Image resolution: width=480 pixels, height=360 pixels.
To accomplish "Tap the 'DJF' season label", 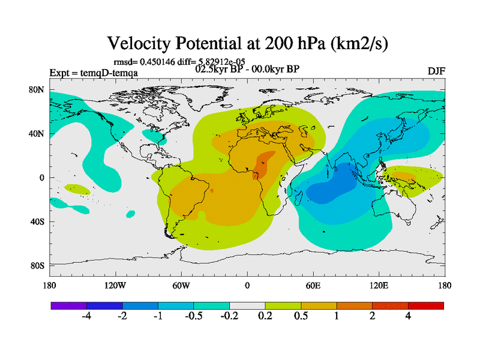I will (x=436, y=71).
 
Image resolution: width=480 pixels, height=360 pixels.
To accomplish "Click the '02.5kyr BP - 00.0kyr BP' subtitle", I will (x=247, y=68).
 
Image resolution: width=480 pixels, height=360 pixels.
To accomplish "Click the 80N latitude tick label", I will (x=37, y=89).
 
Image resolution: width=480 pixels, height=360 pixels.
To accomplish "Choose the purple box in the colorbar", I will (x=68, y=305).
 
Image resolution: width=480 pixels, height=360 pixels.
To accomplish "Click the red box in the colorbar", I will (x=425, y=305).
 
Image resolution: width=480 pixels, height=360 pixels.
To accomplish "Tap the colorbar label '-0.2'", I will (x=230, y=317).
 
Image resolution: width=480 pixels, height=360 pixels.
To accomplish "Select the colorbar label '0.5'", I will (x=301, y=317).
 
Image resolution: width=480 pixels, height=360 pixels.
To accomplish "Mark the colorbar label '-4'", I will (x=86, y=317).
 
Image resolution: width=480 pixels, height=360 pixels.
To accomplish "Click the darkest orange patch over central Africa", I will (x=262, y=163).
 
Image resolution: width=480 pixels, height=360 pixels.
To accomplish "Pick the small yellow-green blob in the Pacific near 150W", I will (x=77, y=190).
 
